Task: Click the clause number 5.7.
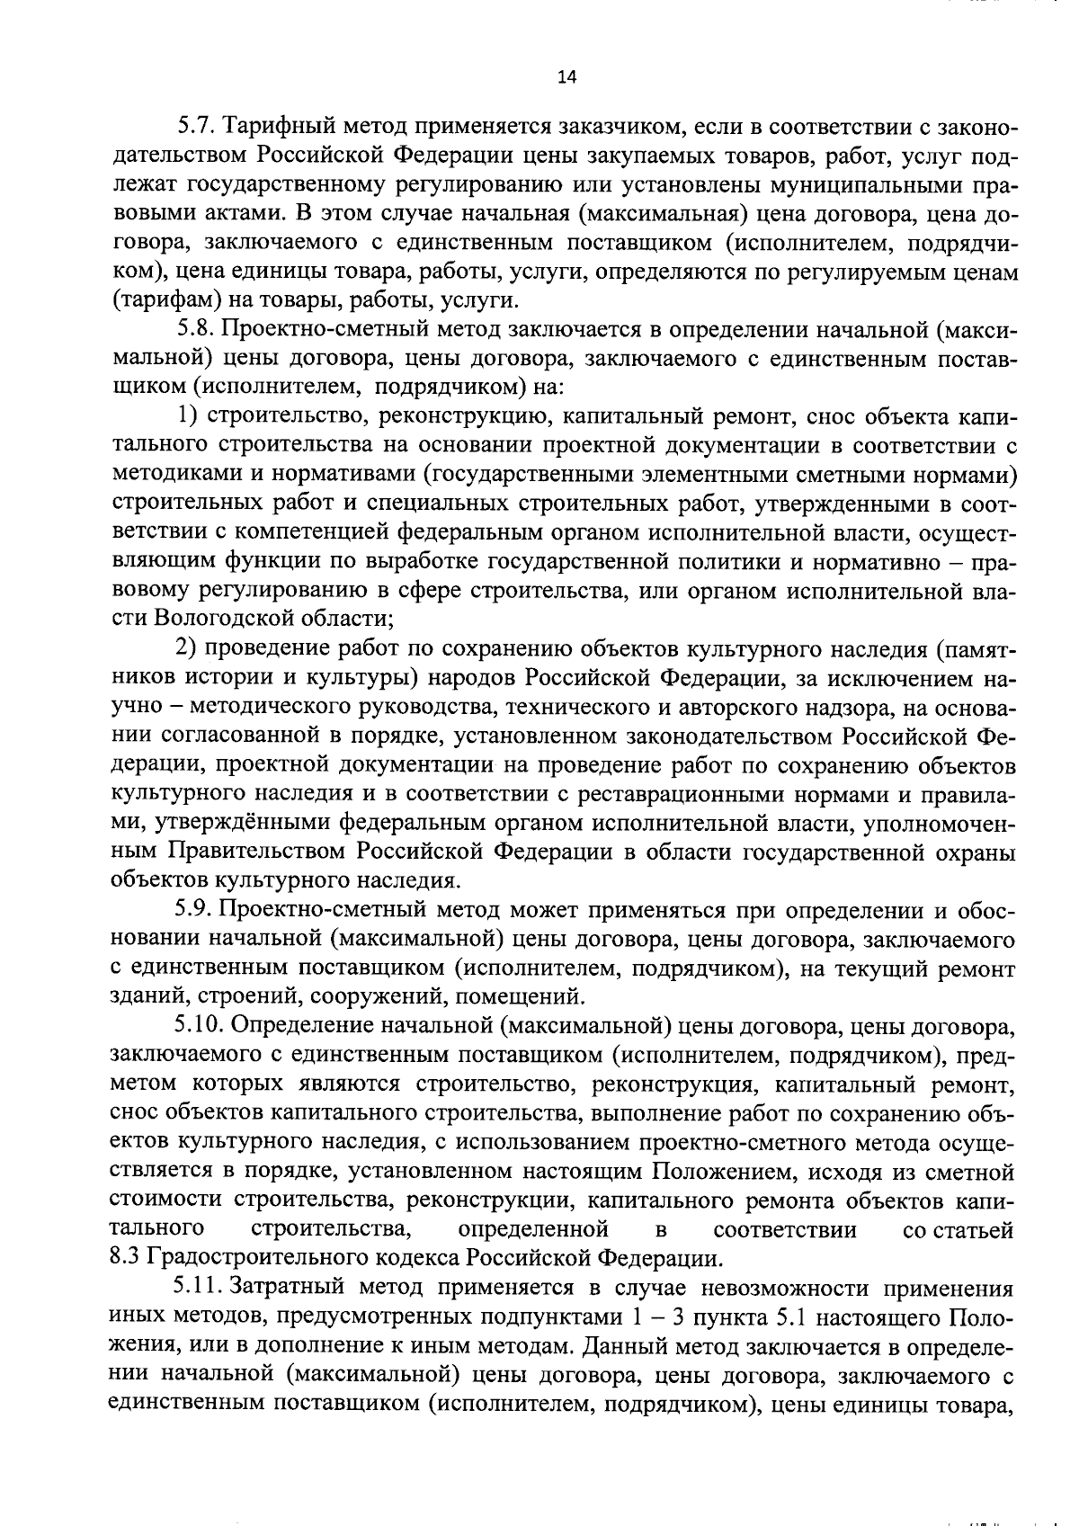click(193, 127)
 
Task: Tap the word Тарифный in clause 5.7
click(281, 127)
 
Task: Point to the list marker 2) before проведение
click(187, 651)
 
